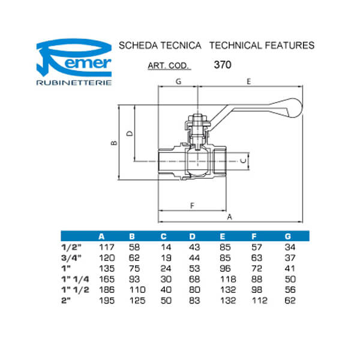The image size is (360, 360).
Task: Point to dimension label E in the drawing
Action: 248,80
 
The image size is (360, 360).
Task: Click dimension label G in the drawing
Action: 178,80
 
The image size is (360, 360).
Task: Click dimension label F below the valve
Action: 192,206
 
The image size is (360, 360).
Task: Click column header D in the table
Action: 192,235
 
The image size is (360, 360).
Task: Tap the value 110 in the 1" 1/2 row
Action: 135,290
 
